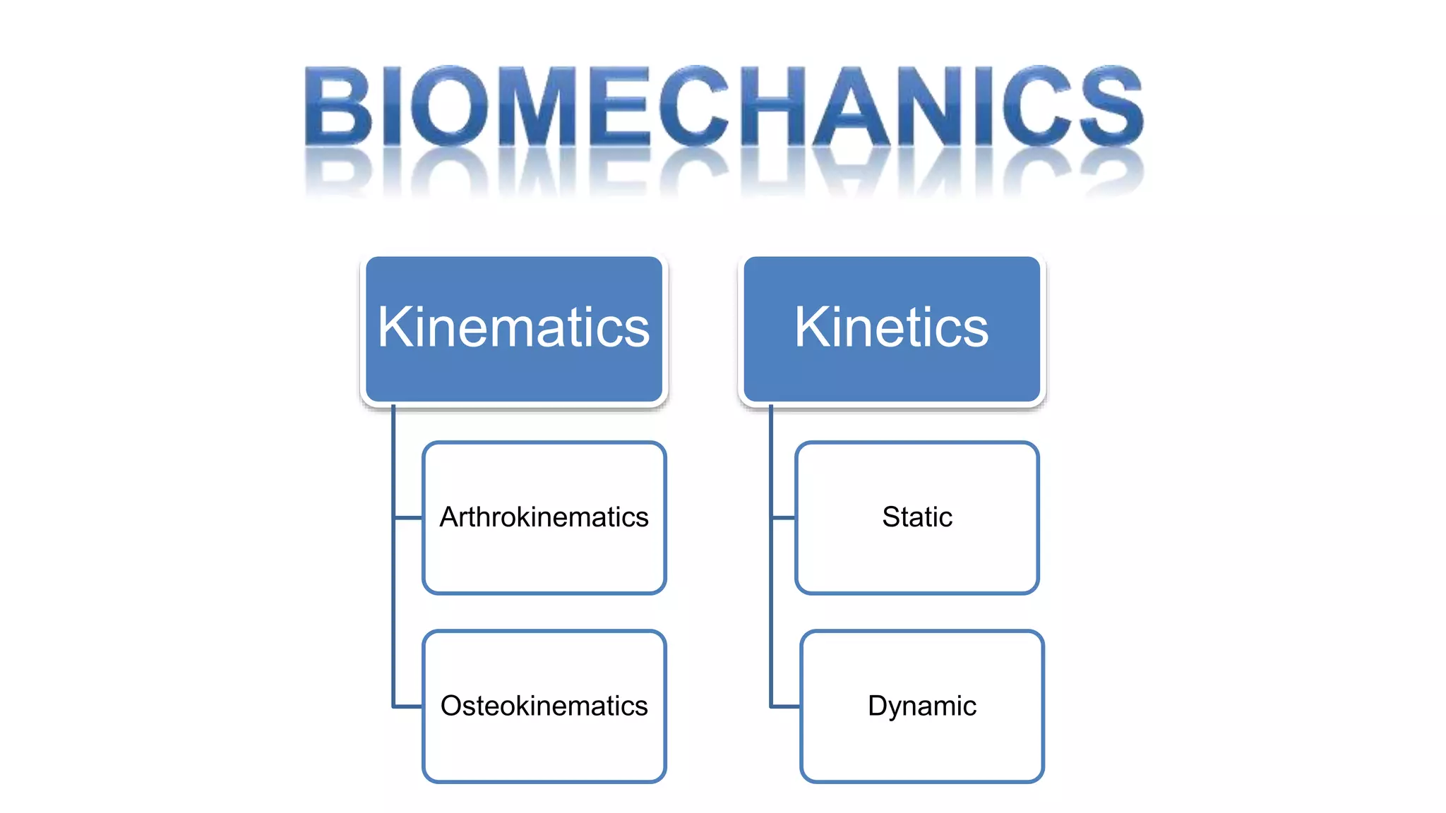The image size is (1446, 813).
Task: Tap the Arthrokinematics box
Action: tap(544, 558)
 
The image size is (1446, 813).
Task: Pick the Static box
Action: tap(916, 558)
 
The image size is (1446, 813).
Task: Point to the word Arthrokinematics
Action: tap(544, 517)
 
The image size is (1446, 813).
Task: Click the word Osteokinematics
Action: tap(544, 706)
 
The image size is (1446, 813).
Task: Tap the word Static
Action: tap(916, 517)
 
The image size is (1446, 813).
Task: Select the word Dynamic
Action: tap(921, 706)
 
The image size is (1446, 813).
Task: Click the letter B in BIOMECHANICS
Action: tap(338, 106)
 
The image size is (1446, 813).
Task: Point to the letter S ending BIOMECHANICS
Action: tap(1111, 106)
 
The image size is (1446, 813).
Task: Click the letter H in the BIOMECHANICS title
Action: tap(771, 106)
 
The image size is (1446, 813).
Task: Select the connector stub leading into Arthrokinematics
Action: tap(408, 518)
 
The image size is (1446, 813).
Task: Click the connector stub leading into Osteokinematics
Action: tap(408, 706)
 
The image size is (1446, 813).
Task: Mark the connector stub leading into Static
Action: tap(784, 518)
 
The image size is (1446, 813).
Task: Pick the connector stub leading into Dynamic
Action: tap(786, 706)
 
